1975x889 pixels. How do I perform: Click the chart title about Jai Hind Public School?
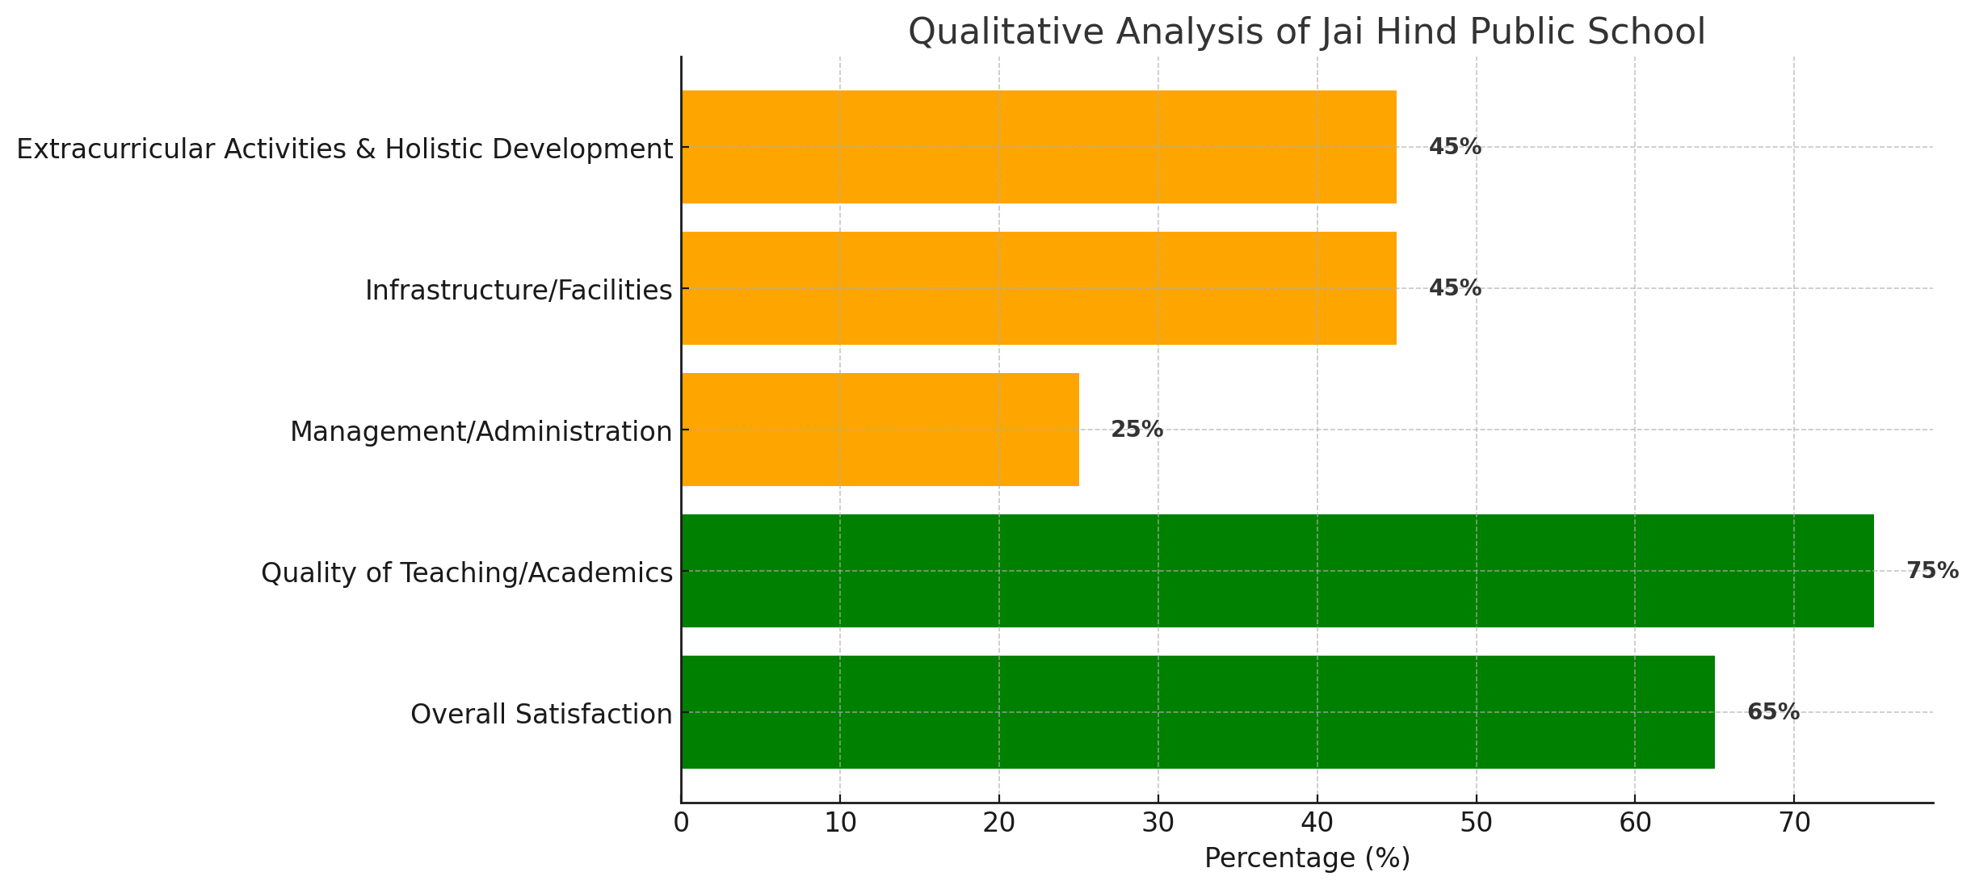pos(1306,32)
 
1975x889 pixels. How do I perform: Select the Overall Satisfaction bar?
pos(1197,712)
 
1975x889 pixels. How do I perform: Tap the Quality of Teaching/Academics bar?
pos(1276,571)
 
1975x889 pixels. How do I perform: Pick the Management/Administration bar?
pos(880,430)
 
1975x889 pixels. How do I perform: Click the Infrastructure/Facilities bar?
pos(1038,288)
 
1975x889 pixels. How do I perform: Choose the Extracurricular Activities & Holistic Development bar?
pos(1038,147)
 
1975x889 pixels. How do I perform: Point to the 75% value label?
pos(1932,571)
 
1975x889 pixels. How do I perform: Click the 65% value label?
pos(1773,712)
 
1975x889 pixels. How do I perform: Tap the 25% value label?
pos(1137,430)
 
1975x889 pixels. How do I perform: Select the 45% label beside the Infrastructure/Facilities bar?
pos(1455,288)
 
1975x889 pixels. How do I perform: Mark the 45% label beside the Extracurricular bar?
pos(1455,147)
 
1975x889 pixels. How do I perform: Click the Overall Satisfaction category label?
pos(541,715)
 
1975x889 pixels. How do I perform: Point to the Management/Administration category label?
pos(481,432)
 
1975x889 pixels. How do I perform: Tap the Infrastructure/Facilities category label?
pos(519,291)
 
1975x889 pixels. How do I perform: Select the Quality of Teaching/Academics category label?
pos(466,573)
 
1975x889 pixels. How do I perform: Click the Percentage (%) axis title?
pos(1307,858)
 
